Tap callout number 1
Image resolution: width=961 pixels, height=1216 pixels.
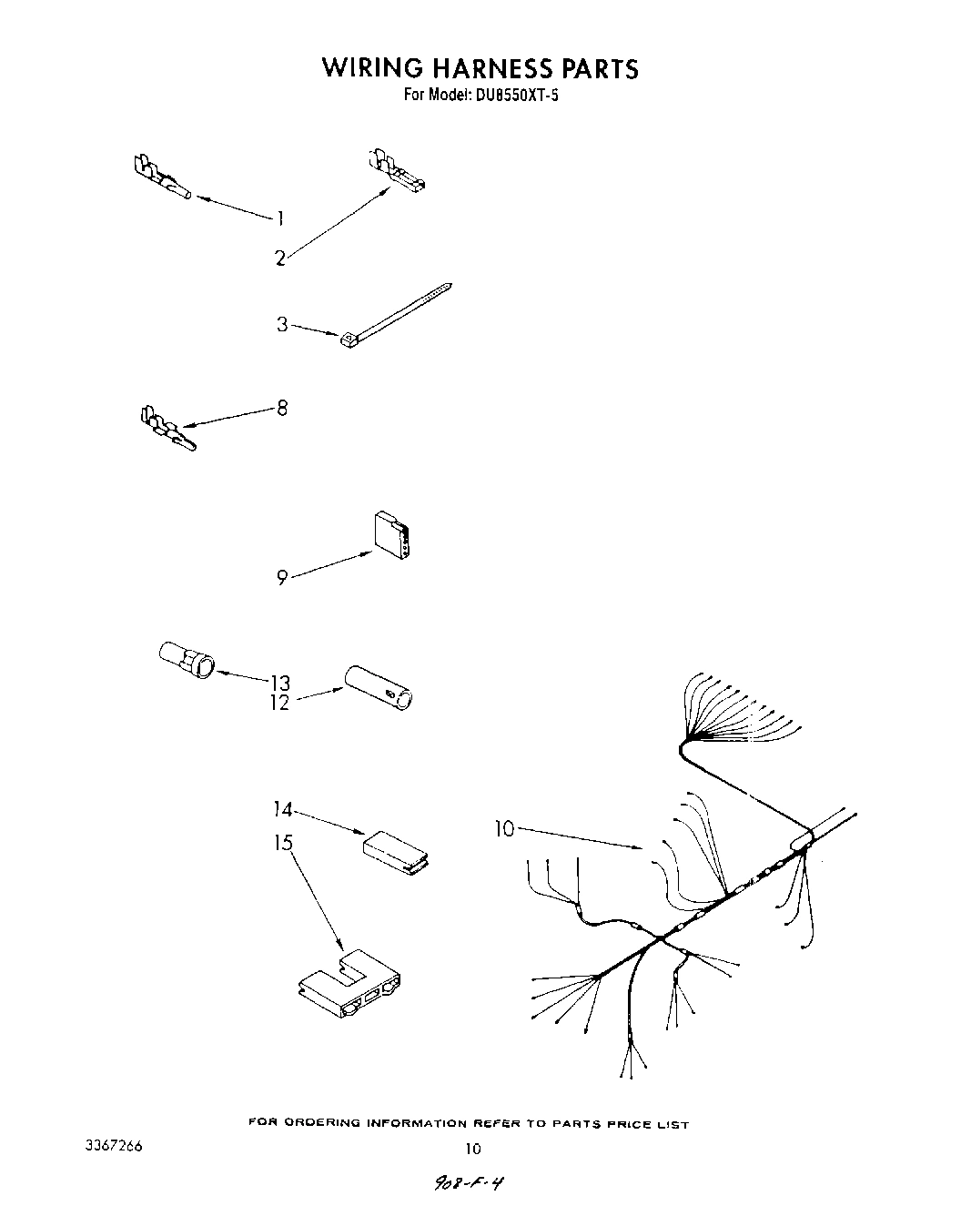pos(281,218)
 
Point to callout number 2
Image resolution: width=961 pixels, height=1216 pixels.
pos(280,258)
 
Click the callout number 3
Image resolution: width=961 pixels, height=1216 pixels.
pos(282,324)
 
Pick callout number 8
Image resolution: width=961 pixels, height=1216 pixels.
pos(282,408)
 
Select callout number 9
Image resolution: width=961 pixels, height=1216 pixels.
pos(282,577)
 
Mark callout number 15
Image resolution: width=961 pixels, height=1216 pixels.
pos(284,843)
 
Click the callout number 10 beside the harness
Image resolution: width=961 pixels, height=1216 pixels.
pos(504,828)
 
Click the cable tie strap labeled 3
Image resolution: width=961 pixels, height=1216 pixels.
pos(395,314)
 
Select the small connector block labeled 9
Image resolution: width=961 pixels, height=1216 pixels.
pos(392,535)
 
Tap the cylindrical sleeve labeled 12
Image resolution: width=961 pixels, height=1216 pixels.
pos(378,688)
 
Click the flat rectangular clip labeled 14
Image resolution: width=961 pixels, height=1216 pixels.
pos(397,852)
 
